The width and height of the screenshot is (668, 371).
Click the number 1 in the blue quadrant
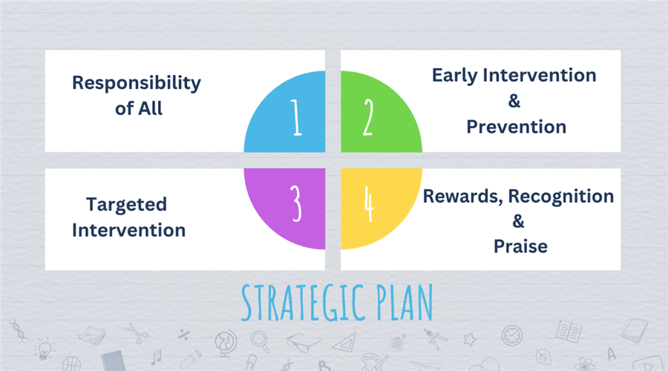(x=296, y=117)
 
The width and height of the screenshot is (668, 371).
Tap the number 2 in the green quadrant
(x=368, y=117)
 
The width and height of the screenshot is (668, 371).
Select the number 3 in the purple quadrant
(x=296, y=203)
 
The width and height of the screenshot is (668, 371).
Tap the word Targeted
(x=126, y=205)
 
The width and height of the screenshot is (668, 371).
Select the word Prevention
(x=517, y=127)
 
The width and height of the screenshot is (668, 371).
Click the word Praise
(x=520, y=246)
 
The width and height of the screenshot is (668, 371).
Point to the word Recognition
(x=561, y=197)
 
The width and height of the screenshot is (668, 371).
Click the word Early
(x=454, y=76)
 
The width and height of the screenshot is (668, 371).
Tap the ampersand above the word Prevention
(x=514, y=101)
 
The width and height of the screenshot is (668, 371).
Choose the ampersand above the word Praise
(x=518, y=221)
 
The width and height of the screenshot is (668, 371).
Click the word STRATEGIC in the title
(x=303, y=303)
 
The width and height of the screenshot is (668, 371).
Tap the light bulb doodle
(x=45, y=349)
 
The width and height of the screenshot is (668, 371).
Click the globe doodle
(x=226, y=343)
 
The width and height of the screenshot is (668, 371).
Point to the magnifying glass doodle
(x=260, y=341)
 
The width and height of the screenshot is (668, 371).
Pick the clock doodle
(x=511, y=335)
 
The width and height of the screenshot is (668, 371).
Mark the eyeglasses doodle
(x=303, y=343)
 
